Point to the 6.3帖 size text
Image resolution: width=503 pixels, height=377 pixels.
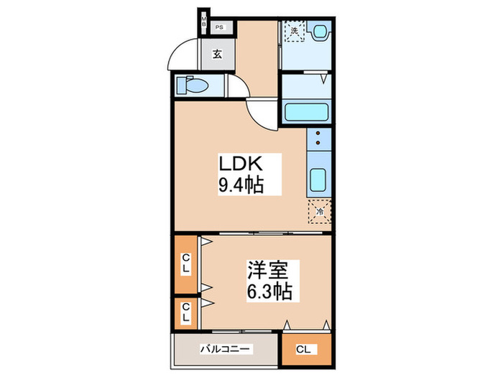tap(269, 292)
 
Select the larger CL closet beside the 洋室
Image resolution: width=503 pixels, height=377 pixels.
tap(185, 265)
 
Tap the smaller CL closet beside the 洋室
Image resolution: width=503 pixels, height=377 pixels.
tap(185, 312)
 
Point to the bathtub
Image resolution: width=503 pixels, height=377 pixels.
tap(307, 112)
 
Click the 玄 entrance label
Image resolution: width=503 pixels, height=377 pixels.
tap(216, 53)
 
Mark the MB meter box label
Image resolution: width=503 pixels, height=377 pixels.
tap(204, 23)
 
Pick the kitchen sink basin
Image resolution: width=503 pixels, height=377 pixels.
tap(319, 180)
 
